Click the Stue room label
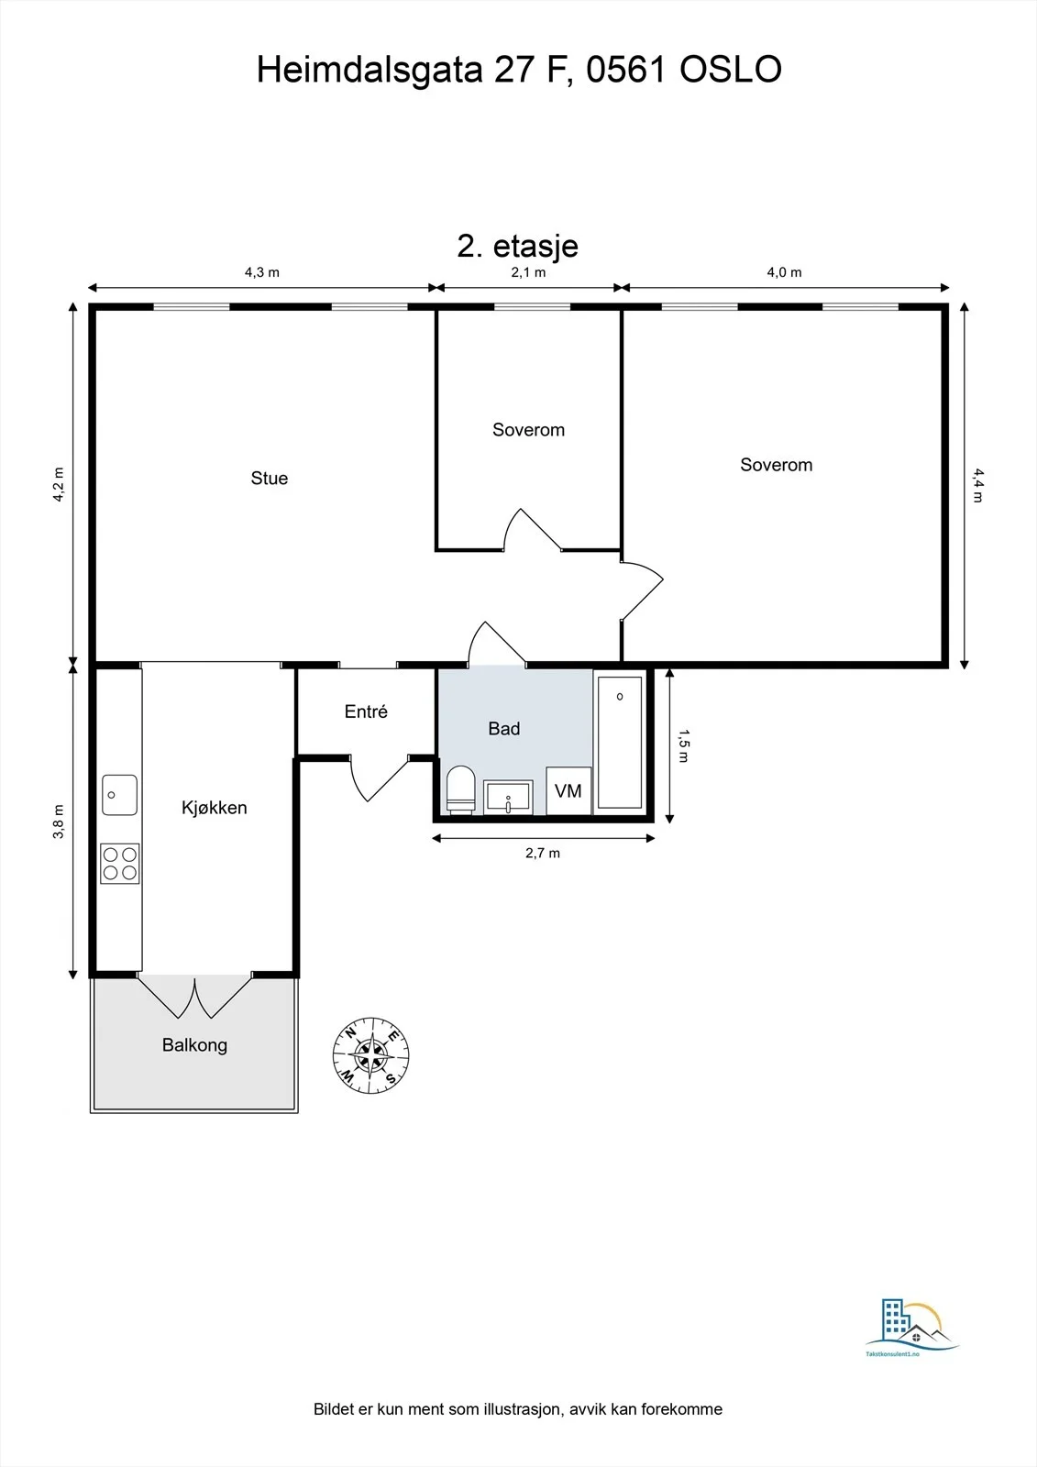coord(270,478)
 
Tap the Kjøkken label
coord(215,808)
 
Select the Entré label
coord(366,711)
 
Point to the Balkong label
coord(194,1044)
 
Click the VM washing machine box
coord(568,790)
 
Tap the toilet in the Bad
coord(460,789)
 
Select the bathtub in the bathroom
coord(620,743)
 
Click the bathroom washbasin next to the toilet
coord(508,797)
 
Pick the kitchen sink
coord(120,795)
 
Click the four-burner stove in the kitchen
coord(120,863)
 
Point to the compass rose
coord(370,1055)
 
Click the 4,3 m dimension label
coord(262,272)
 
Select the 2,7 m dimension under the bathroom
coord(543,853)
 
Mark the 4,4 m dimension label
coord(978,485)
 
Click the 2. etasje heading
coord(517,247)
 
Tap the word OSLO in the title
coord(731,70)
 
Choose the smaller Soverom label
coord(529,430)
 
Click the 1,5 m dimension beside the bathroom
coord(684,745)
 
